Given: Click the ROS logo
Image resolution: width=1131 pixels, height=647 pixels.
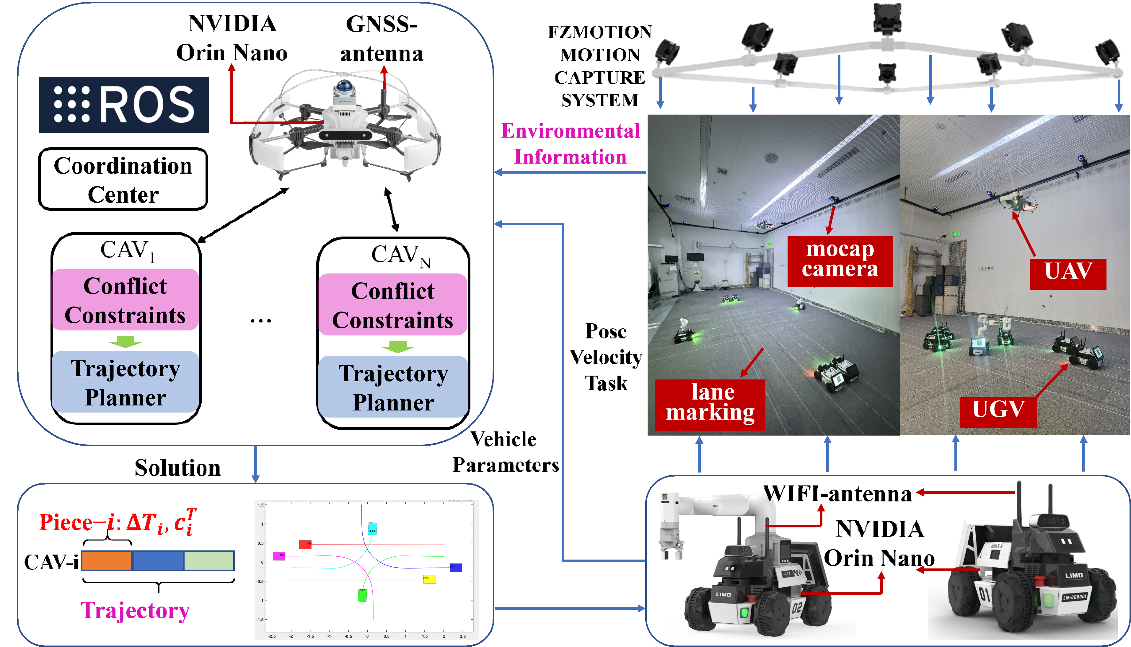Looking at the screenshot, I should coord(124,105).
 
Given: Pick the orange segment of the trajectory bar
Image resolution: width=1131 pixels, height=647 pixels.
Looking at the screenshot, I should coord(107,561).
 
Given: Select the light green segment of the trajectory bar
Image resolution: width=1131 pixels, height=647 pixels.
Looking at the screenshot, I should coord(209,561).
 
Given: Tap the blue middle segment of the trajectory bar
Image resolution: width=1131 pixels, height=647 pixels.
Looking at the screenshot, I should coord(158,561).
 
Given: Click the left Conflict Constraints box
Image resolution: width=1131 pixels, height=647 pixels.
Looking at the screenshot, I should coord(125,300).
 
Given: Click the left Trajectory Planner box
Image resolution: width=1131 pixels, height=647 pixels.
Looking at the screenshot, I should coord(125,382).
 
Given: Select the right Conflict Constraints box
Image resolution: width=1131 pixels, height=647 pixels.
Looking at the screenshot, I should coord(393,305).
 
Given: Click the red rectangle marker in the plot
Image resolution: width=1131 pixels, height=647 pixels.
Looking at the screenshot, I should coord(305,544).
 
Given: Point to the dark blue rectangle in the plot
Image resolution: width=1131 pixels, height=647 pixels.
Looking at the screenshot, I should coord(456,568).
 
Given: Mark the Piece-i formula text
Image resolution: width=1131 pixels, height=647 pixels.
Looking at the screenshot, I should coord(118,522).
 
